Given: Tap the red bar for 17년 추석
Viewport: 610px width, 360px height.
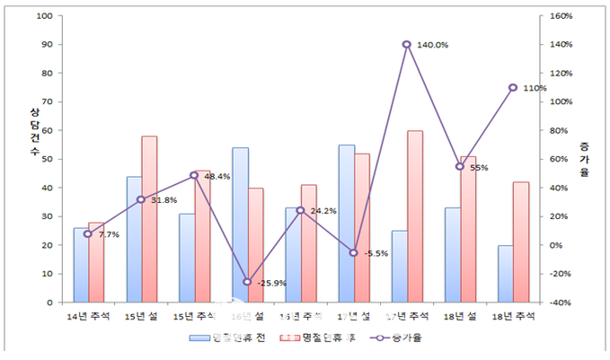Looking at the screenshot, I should click(414, 215).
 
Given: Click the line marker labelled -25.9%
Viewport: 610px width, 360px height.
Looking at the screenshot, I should click(247, 282).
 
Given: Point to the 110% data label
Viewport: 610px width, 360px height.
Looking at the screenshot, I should click(535, 88).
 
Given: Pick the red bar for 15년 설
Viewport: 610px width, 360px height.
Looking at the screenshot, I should click(149, 219).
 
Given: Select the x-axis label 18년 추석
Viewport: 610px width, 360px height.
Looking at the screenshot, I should click(513, 316).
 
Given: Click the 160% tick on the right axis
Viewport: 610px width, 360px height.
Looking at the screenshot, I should click(561, 16).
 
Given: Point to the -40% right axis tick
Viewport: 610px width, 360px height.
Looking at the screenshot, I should click(561, 303).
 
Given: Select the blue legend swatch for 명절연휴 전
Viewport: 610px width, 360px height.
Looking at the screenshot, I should click(199, 338).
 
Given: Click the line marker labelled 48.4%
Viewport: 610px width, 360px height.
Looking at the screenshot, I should click(194, 175).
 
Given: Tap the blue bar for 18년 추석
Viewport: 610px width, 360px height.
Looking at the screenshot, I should click(505, 274).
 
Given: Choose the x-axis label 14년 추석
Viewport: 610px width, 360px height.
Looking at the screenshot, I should click(88, 316).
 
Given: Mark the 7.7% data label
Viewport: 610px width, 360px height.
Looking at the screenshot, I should click(109, 233).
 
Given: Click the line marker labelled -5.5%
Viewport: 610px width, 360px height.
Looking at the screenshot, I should click(354, 252).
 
